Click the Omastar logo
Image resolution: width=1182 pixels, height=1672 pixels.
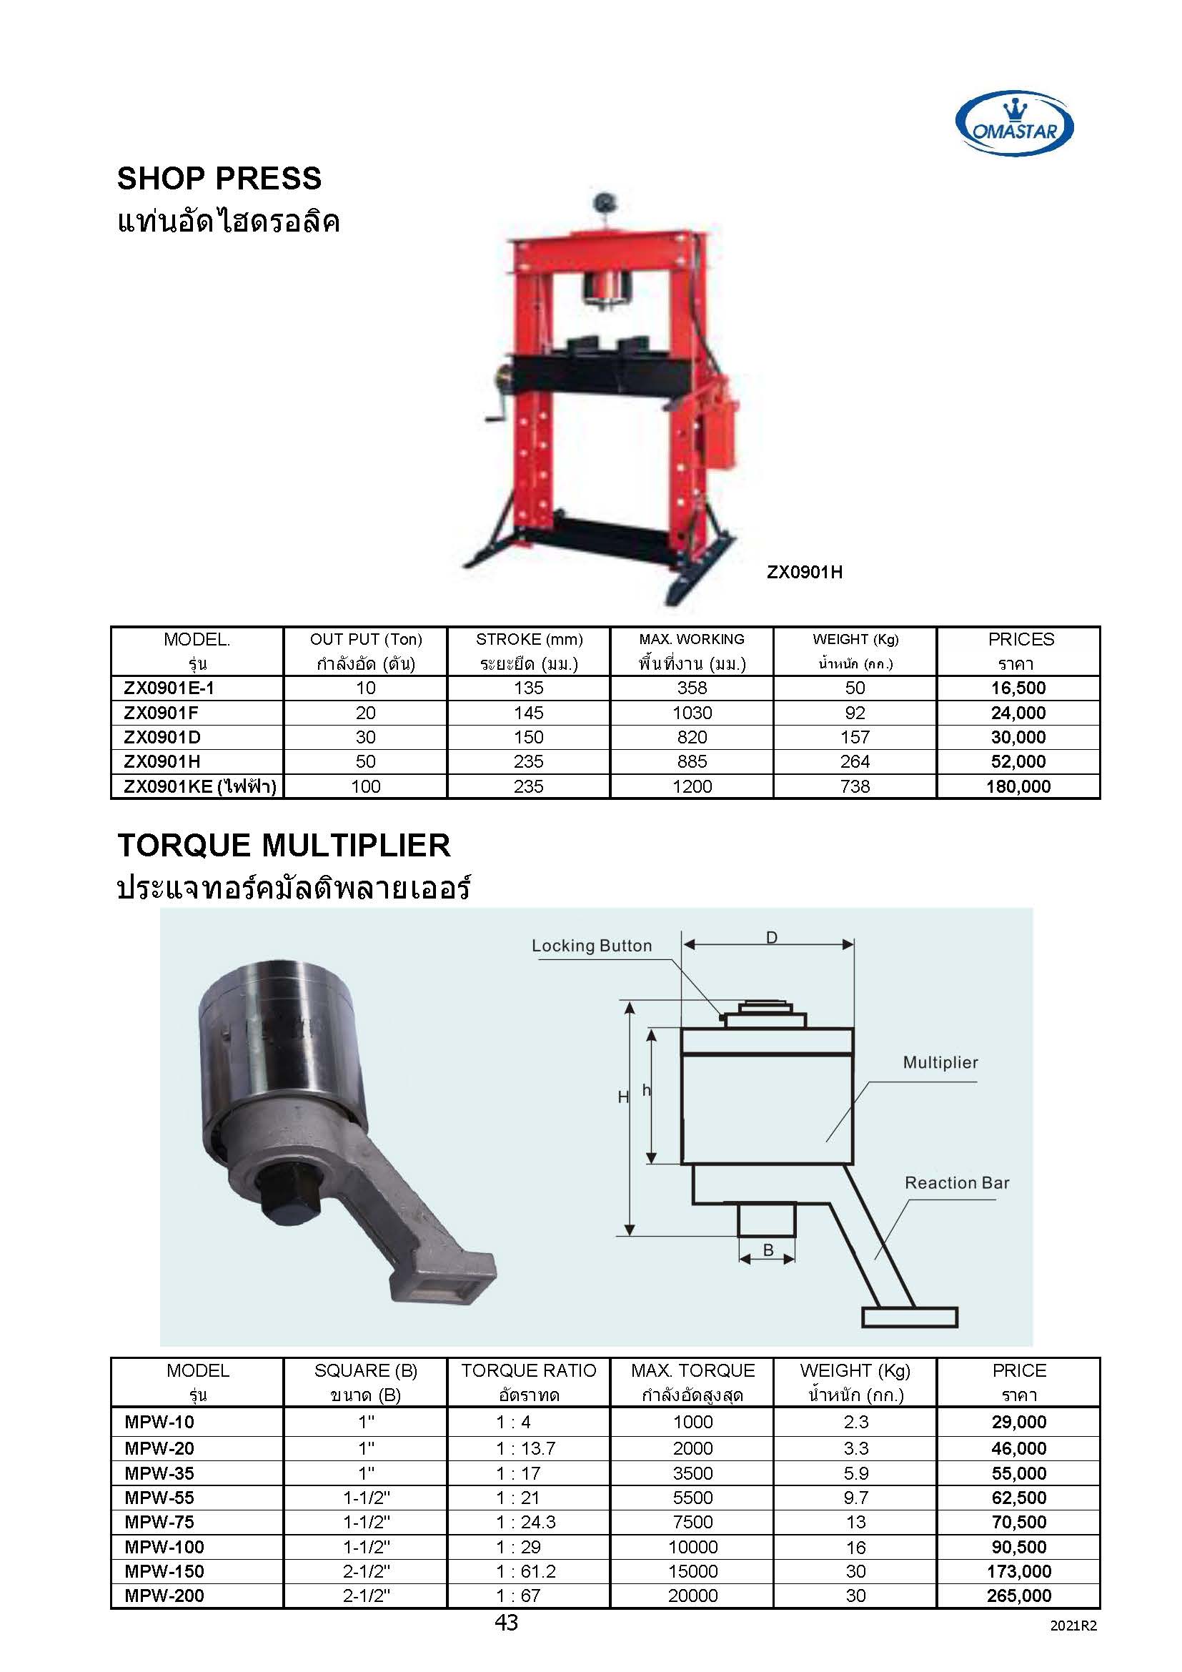point(1014,124)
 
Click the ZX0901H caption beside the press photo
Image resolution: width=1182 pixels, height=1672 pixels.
point(804,573)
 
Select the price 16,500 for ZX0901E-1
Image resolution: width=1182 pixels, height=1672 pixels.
point(1018,688)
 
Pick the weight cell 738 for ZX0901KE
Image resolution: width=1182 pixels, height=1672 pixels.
point(855,786)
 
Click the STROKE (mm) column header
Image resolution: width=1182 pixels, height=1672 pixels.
point(529,639)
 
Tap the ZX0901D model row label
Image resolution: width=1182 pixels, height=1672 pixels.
point(162,737)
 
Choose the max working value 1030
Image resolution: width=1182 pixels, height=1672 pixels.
point(692,713)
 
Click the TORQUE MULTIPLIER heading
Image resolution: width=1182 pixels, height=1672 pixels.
point(284,846)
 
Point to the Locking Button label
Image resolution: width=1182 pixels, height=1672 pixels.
point(591,946)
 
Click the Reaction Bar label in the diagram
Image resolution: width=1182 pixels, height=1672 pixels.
point(956,1182)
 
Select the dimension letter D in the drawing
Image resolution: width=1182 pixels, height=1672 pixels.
point(772,938)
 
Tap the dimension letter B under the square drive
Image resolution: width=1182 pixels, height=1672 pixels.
point(768,1250)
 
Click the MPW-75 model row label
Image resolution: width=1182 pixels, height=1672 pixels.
point(159,1522)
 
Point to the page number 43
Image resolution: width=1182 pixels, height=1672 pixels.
point(506,1622)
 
